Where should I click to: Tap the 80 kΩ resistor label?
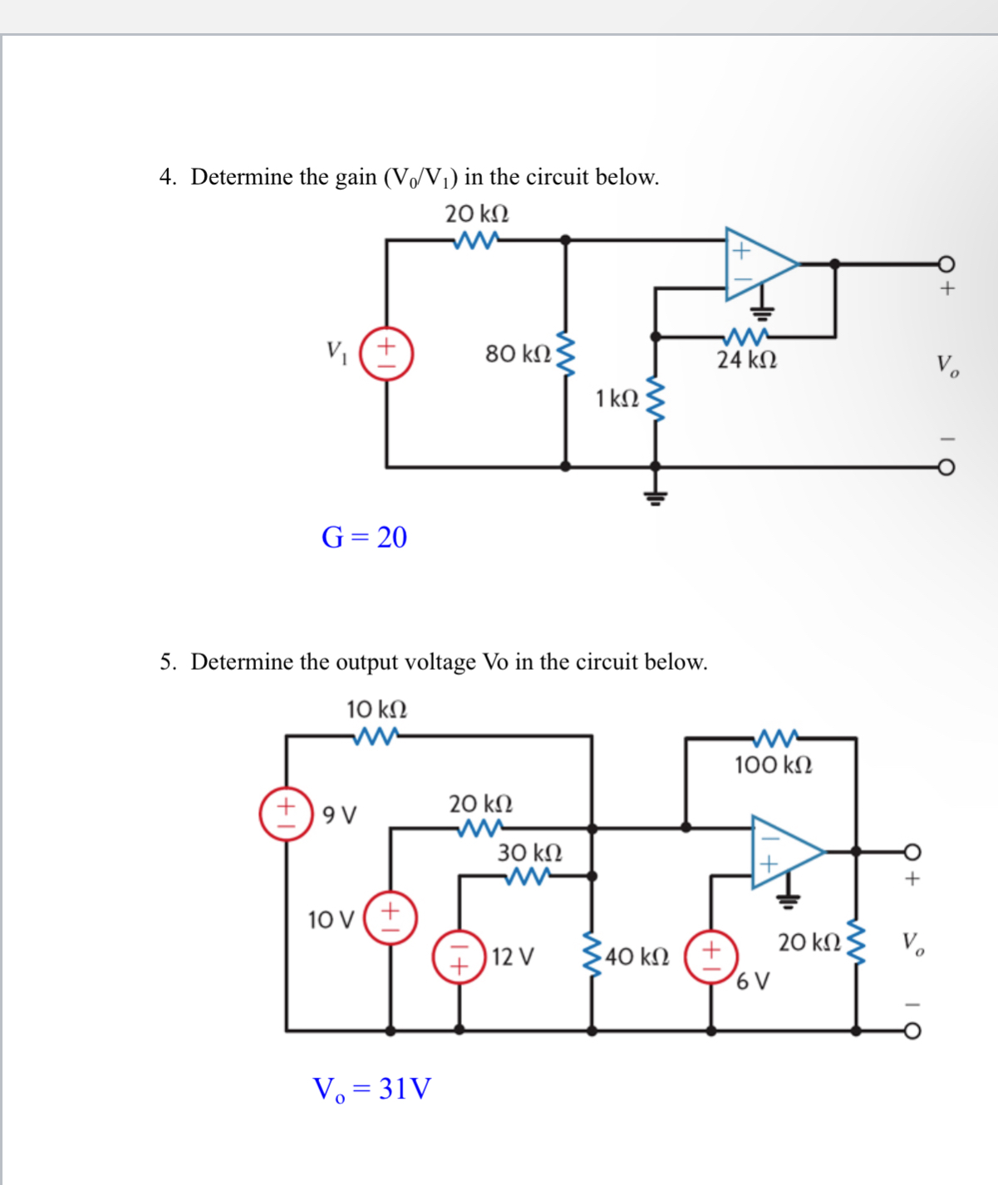518,354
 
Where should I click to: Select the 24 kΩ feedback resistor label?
747,360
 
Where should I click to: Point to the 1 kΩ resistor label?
617,399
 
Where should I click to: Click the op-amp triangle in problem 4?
756,263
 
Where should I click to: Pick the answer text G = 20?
364,538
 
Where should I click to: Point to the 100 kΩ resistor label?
773,765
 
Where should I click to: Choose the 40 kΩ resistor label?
637,956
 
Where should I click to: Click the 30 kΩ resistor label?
529,853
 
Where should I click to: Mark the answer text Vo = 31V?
371,1089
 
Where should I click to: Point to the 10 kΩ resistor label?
376,710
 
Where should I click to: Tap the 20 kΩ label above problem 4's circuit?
477,214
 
